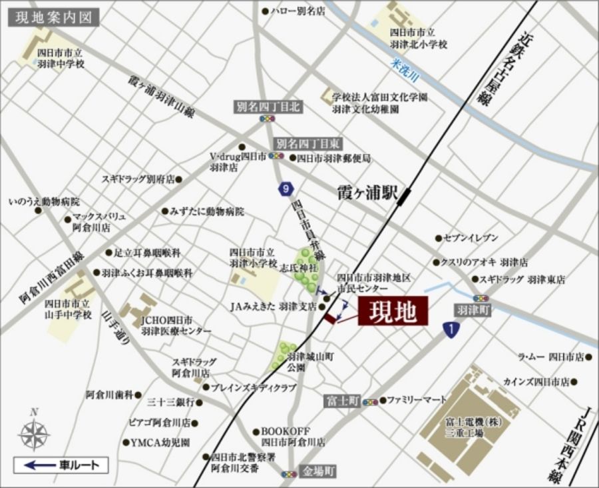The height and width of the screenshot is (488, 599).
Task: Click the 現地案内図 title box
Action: coord(53,16)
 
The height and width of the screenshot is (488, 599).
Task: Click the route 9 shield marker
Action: coord(286,189)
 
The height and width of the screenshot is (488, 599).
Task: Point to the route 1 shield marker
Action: coord(451,329)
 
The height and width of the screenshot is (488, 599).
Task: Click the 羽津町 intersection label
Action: coord(473,310)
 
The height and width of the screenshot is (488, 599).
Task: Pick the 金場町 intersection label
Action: coord(317,471)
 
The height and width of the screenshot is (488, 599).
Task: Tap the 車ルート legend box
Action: coord(61,465)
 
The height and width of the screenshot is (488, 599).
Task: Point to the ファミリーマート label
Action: coord(417,401)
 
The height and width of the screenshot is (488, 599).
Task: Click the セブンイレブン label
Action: coord(471,238)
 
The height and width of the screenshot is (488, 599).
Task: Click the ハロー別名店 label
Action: coord(297,11)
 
